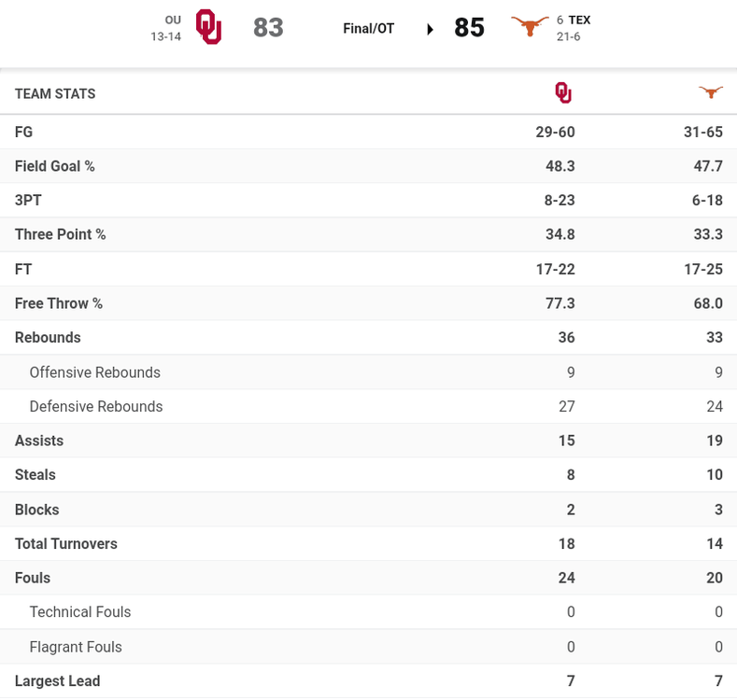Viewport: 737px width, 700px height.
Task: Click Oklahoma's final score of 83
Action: (268, 28)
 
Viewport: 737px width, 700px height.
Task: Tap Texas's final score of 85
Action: (469, 28)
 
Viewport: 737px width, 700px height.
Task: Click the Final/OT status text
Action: (368, 29)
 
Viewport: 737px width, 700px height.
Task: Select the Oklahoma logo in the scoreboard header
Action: (208, 27)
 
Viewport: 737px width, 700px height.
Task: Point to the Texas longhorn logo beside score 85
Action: (530, 27)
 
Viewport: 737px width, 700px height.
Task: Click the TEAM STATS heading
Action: (55, 93)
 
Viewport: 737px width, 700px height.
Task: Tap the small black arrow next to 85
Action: (430, 30)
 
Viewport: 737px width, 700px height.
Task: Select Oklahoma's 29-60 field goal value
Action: (555, 133)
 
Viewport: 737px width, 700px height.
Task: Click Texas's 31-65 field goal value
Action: (702, 133)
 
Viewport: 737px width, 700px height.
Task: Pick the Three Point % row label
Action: (60, 234)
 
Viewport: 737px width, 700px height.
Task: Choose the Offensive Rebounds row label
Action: (94, 372)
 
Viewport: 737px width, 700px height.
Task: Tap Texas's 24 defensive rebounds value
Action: (715, 406)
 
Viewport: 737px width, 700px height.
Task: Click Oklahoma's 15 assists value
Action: (566, 441)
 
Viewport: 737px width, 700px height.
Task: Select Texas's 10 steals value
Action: (715, 475)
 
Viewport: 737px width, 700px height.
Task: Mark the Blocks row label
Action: (36, 510)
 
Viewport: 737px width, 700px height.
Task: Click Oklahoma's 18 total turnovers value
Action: (566, 543)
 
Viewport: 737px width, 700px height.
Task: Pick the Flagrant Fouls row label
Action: (76, 647)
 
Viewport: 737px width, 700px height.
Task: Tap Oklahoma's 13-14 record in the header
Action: (165, 36)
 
